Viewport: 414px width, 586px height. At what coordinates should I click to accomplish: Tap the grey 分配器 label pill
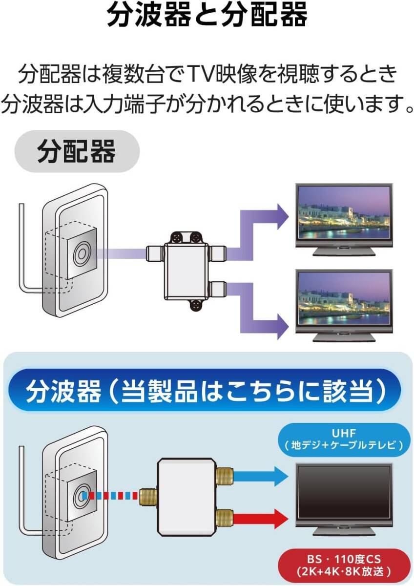[x=77, y=151]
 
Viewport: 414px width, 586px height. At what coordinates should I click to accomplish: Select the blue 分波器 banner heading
[x=207, y=391]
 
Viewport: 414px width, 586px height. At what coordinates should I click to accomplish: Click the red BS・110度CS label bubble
[x=345, y=565]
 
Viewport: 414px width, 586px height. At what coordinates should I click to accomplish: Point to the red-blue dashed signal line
[x=110, y=495]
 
